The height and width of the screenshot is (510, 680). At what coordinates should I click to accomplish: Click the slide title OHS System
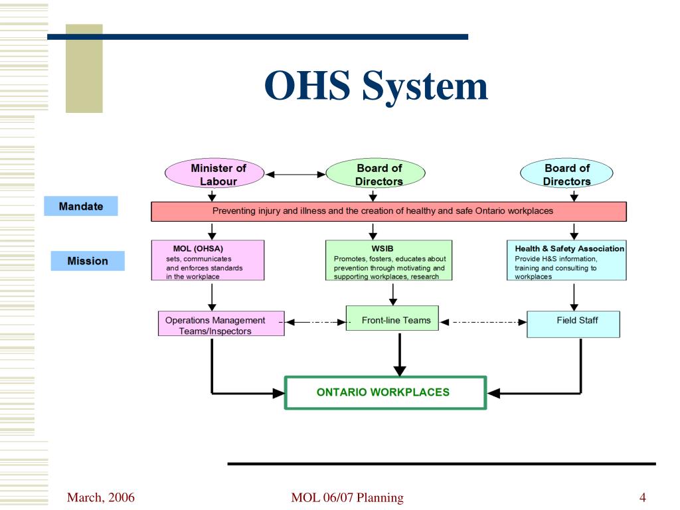376,86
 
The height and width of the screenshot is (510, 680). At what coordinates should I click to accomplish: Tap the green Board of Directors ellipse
375,175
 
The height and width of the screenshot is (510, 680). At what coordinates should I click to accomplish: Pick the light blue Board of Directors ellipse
566,175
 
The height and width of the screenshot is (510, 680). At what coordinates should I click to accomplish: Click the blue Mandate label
81,207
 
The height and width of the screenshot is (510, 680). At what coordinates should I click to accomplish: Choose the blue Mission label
88,261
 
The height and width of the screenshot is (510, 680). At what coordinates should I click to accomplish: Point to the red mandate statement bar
389,211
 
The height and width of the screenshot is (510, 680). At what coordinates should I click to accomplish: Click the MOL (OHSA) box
207,261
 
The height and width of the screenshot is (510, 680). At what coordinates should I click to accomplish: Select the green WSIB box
389,261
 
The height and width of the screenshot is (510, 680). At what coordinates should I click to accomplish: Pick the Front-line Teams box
396,321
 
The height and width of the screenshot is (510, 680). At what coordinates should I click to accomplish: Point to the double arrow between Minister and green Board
296,175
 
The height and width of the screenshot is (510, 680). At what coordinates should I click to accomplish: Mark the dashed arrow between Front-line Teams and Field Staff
483,322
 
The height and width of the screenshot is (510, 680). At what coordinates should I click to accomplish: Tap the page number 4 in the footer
643,497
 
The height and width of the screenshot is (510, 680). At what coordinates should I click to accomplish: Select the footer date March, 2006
101,497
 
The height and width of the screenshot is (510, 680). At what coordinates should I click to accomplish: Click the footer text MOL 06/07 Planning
347,497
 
